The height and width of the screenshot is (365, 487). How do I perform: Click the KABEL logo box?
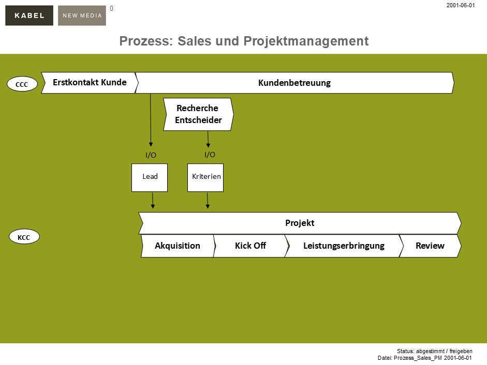29,16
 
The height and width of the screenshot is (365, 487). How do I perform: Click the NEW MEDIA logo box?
82,16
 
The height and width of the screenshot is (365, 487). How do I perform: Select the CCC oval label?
22,84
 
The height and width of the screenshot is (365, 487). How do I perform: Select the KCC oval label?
24,237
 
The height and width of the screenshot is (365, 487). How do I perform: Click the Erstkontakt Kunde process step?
89,83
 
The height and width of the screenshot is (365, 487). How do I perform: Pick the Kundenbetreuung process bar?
294,83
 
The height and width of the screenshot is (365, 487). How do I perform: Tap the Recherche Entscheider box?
198,114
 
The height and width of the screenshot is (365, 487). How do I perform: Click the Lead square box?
150,177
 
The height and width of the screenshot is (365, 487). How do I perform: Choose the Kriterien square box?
205,177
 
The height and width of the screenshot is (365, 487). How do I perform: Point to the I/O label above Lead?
151,155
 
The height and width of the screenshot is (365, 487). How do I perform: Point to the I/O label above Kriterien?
210,154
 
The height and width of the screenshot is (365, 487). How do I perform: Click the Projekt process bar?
300,223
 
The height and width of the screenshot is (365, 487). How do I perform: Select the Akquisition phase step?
177,246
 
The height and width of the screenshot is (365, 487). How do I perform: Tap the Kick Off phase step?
250,246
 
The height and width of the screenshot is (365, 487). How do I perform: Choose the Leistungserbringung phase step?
343,246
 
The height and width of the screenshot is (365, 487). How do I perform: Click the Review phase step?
430,246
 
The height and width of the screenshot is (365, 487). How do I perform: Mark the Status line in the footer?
434,351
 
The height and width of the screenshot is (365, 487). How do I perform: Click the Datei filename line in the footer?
425,358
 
